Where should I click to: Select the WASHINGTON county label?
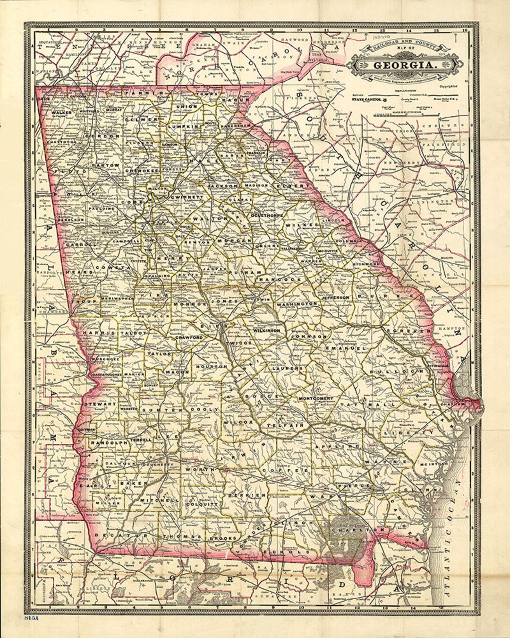(297, 304)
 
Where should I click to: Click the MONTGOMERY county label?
(316, 398)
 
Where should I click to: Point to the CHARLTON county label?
(351, 530)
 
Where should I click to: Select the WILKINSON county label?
(267, 330)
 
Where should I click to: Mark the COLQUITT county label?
(202, 504)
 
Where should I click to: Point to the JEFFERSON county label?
(336, 298)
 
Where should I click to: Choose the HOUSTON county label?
(211, 367)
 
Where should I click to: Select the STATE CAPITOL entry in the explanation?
(368, 100)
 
